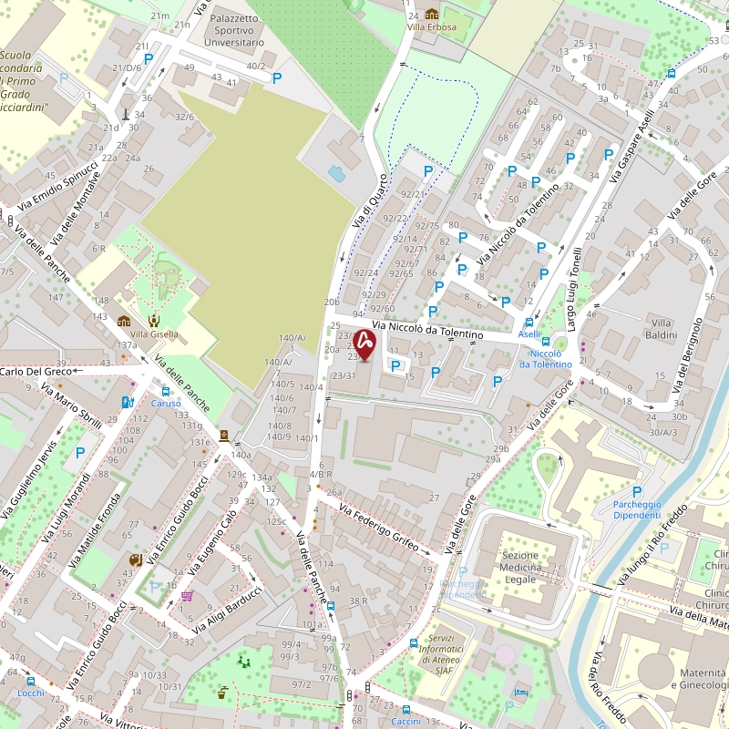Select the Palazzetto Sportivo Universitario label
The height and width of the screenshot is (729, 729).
[x=234, y=30]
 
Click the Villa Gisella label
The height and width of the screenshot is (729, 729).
[x=154, y=334]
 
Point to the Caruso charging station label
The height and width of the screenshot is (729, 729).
[x=166, y=403]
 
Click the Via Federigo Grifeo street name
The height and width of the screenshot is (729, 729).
[x=379, y=528]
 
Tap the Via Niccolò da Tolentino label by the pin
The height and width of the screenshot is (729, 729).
[x=426, y=330]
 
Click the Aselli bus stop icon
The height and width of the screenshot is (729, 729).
[x=531, y=322]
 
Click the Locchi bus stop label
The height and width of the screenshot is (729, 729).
[x=30, y=693]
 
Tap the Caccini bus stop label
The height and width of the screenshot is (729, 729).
[x=406, y=722]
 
